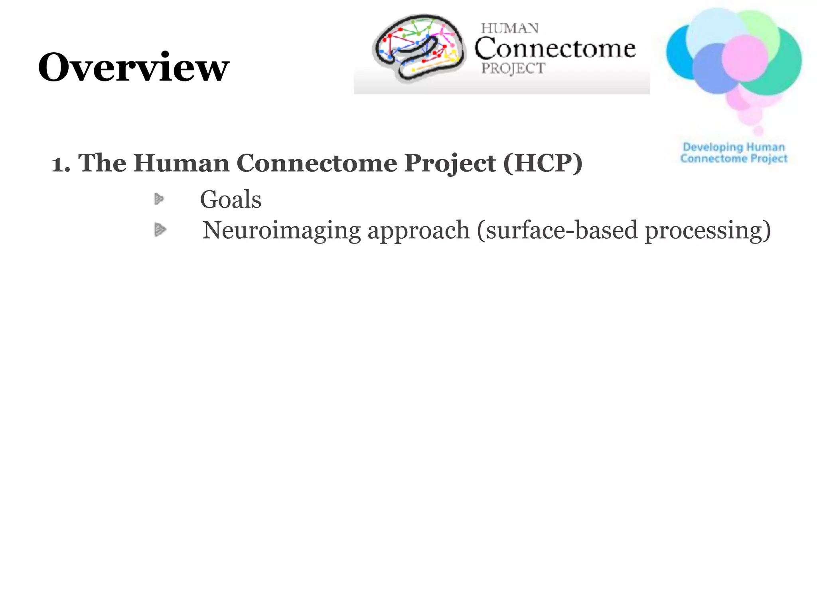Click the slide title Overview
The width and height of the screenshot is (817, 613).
click(133, 67)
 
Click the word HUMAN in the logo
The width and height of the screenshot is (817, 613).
click(509, 29)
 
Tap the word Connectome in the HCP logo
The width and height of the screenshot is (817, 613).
click(555, 49)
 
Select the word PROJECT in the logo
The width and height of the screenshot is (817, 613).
click(513, 68)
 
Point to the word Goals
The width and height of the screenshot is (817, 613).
click(231, 199)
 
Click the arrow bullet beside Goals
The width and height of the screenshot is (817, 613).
click(159, 199)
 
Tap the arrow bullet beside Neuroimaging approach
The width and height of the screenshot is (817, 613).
click(160, 229)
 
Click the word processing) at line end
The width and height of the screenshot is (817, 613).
click(708, 231)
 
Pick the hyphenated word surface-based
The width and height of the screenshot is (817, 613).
click(561, 231)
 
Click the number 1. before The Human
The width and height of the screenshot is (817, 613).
click(61, 164)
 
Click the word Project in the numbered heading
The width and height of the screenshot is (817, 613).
click(450, 164)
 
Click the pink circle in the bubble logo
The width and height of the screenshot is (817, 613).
click(744, 58)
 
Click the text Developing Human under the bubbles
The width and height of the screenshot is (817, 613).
click(734, 147)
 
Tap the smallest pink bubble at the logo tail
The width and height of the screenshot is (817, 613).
click(758, 131)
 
